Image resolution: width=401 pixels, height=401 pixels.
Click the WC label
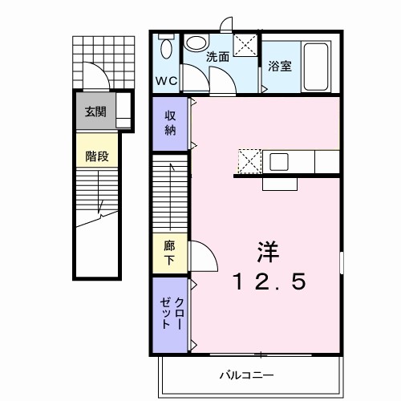click(166, 81)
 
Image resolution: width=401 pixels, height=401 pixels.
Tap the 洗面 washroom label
click(217, 57)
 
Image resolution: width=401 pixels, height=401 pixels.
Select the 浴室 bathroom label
click(280, 67)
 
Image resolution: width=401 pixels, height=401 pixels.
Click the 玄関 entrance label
click(96, 111)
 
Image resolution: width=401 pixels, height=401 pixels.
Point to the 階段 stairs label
click(96, 156)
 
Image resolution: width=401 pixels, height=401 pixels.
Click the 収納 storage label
click(170, 124)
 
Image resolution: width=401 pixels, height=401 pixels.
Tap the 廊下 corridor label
click(170, 254)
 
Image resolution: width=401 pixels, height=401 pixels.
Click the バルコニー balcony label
click(248, 375)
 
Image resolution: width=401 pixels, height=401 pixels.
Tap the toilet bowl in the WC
click(166, 49)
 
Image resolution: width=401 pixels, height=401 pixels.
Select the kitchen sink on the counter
click(279, 161)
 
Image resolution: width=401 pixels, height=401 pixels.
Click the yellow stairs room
click(96, 156)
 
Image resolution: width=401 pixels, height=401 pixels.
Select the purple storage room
click(170, 124)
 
